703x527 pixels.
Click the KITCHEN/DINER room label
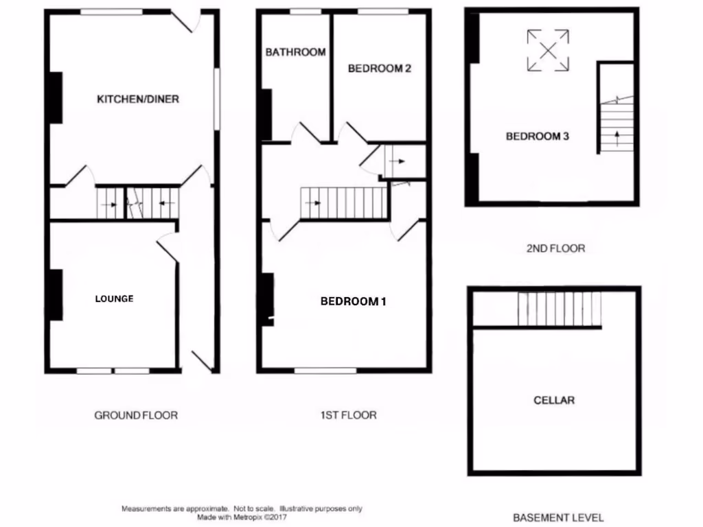tap(137, 99)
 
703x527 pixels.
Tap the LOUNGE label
tap(114, 298)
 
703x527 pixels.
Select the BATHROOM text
tap(295, 52)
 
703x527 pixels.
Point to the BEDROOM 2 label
tap(380, 69)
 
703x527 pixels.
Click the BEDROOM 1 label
tap(354, 301)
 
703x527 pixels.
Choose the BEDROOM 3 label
tap(537, 137)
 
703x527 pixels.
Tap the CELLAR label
tap(554, 400)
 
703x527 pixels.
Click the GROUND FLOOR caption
tap(136, 415)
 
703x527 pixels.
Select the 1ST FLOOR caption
tap(348, 415)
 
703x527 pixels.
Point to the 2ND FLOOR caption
tap(555, 248)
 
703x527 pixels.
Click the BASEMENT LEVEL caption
tap(558, 517)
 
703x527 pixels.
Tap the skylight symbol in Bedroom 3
tap(548, 50)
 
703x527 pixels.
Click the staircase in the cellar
tap(559, 309)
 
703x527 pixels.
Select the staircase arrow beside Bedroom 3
tap(618, 137)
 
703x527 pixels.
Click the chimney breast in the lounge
tap(55, 295)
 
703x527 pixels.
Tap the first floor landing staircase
tap(345, 203)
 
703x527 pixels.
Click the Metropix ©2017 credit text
tap(242, 517)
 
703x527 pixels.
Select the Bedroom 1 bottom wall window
tap(325, 371)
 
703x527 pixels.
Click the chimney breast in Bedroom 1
tap(266, 298)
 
